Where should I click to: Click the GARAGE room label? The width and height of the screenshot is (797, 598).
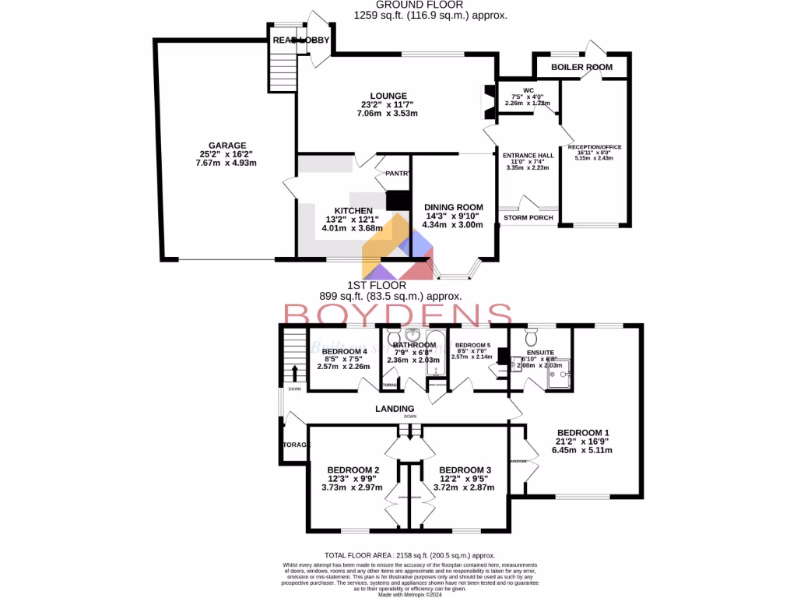tap(226, 145)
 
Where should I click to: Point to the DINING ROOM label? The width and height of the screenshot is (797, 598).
tap(453, 207)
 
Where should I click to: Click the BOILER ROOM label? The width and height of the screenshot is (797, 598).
tap(581, 68)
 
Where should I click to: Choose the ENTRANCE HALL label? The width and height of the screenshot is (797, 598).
tap(528, 156)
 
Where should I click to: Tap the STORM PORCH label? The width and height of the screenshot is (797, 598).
tap(528, 217)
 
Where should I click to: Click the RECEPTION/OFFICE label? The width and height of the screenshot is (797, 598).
tap(595, 147)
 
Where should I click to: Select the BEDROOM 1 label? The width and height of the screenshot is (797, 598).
tap(583, 432)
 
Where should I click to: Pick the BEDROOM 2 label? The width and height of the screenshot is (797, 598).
tap(353, 470)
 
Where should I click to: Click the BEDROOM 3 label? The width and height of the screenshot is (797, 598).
tap(465, 470)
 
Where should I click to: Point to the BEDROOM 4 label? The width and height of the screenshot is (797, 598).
tap(344, 350)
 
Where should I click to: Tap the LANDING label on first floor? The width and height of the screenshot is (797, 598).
tap(394, 408)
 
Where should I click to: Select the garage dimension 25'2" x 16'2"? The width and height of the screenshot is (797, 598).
tap(226, 154)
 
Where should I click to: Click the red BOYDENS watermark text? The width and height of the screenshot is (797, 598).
tap(397, 315)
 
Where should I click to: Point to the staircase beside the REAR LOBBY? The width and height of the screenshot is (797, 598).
tap(282, 65)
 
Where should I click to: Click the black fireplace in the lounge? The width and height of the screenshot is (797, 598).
tap(488, 99)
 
